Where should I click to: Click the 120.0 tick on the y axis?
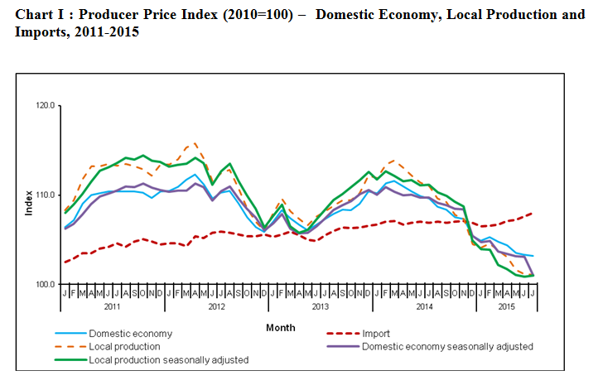[x=44, y=106]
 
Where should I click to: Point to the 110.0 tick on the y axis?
[x=44, y=195]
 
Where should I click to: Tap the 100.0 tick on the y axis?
[x=44, y=285]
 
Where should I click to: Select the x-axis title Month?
[x=281, y=328]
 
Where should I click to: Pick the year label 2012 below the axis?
[x=217, y=306]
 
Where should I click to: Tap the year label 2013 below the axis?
[x=321, y=306]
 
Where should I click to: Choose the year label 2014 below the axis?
[x=424, y=306]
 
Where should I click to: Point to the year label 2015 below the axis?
[x=505, y=306]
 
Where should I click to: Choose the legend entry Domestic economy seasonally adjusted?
[x=447, y=346]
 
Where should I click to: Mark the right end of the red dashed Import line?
[x=532, y=213]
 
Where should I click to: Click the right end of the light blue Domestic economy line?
[x=532, y=256]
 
